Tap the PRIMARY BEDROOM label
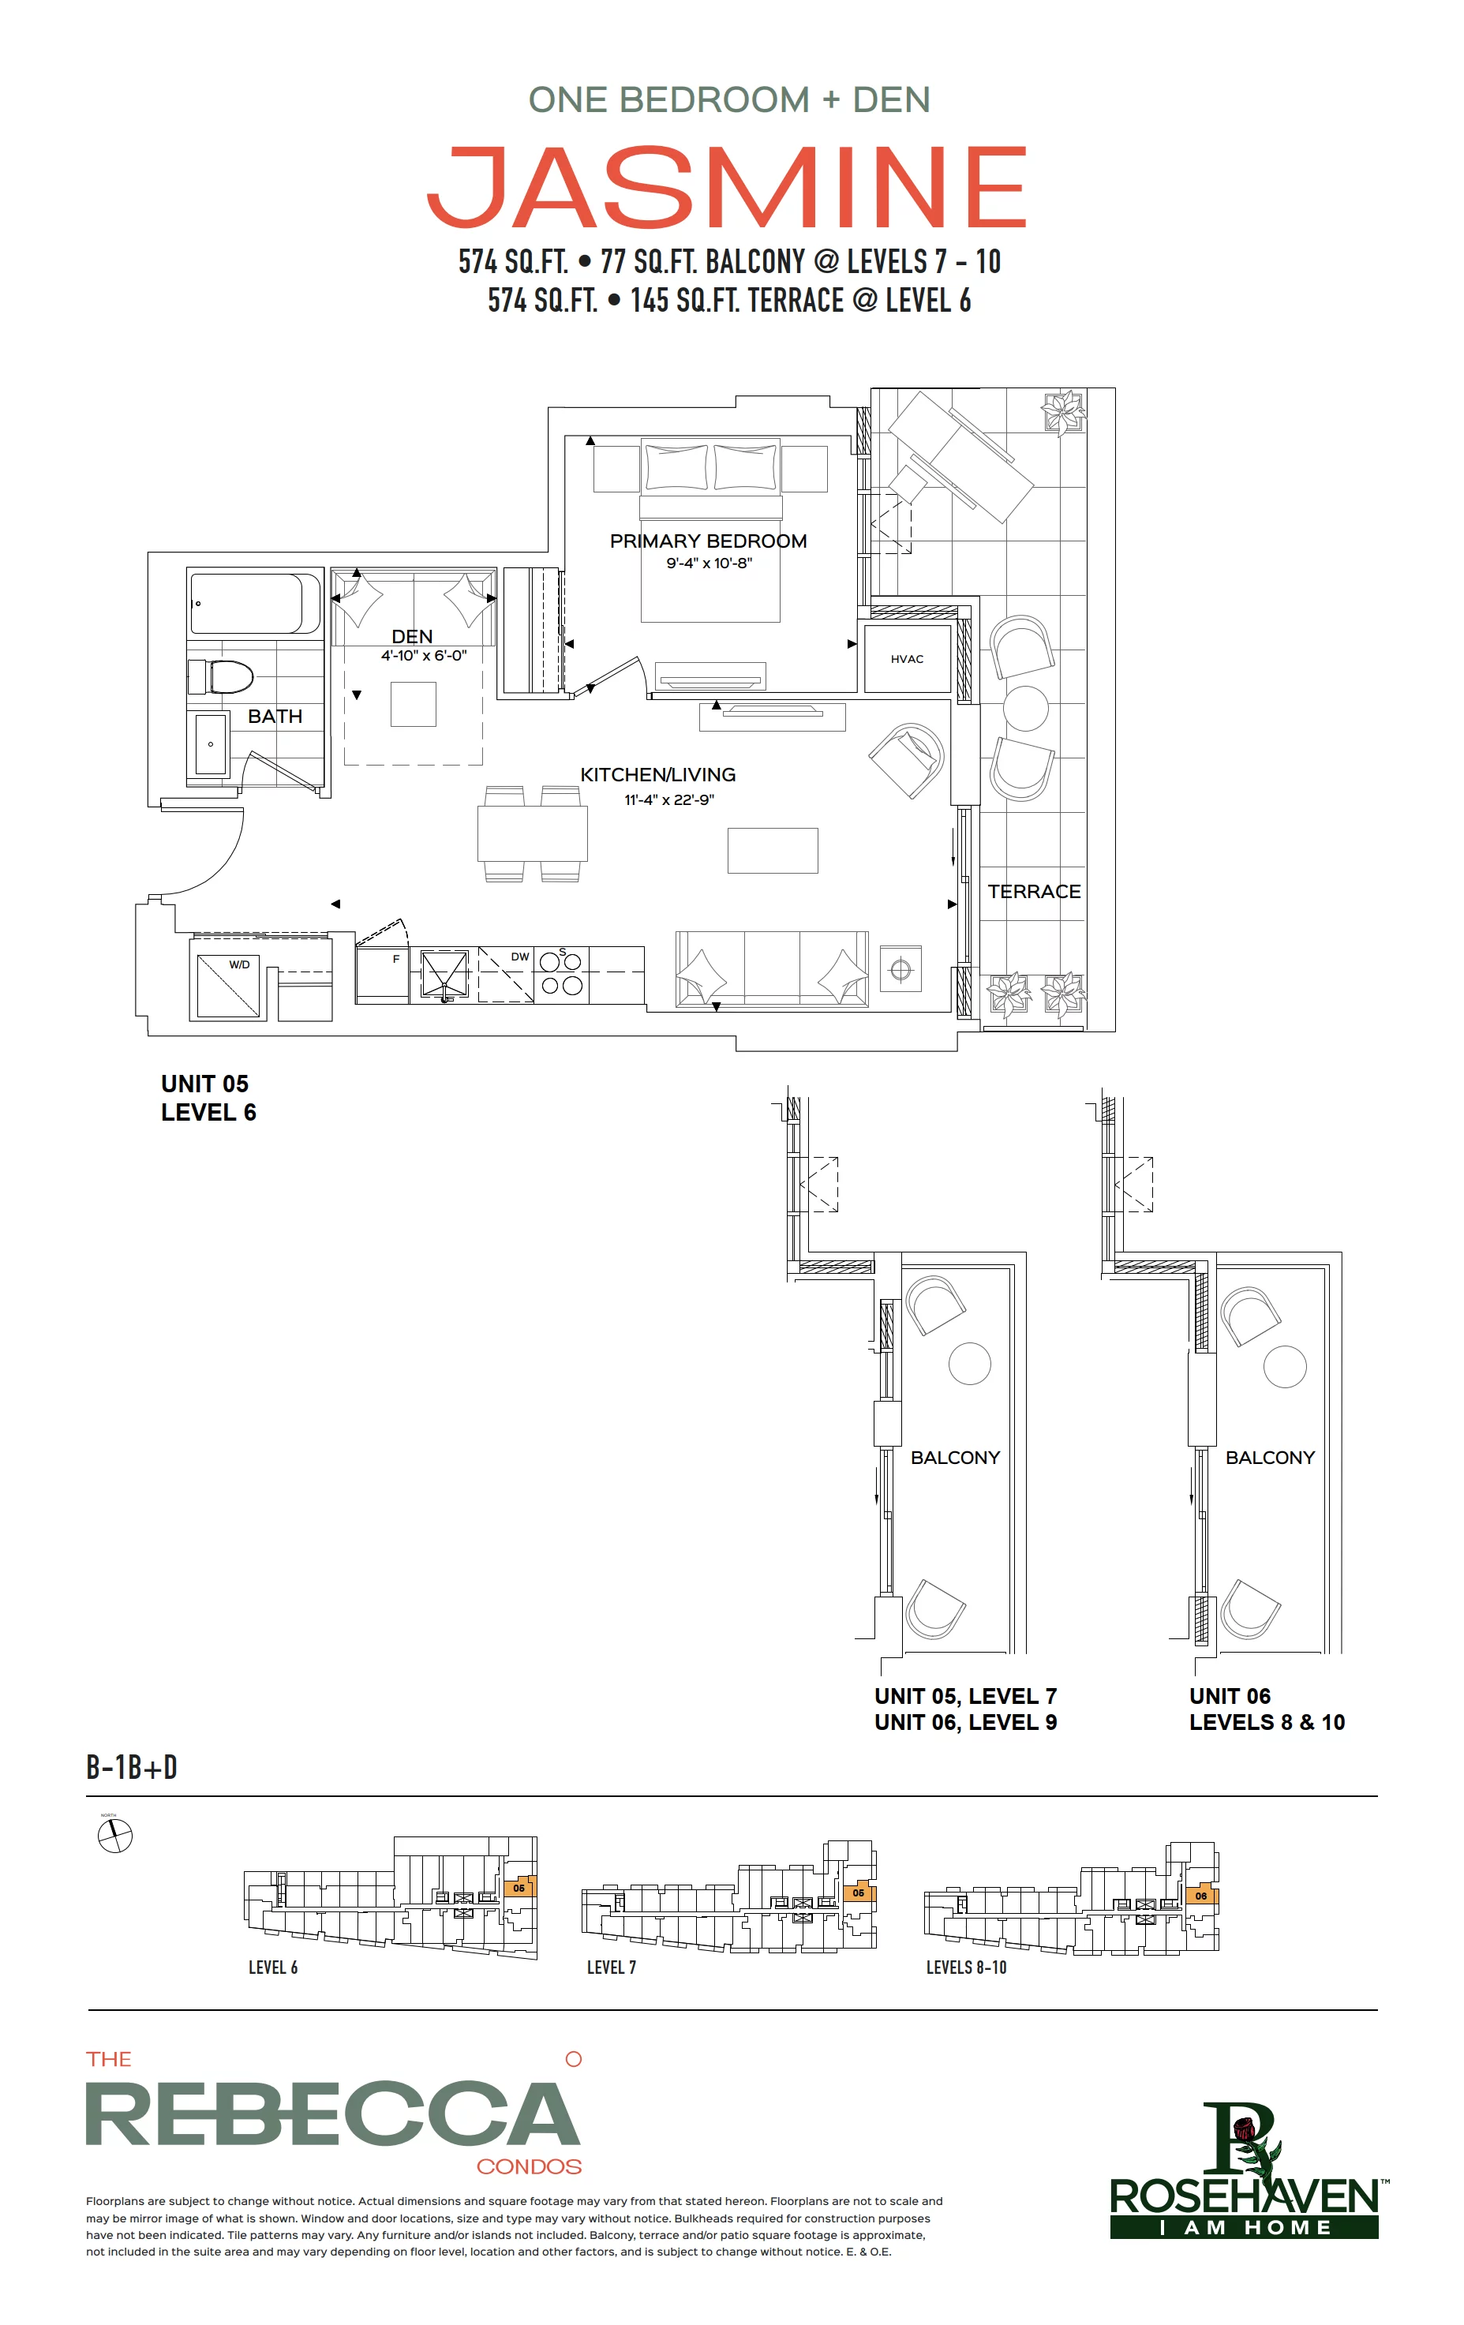coord(708,541)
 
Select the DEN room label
coord(412,636)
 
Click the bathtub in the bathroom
coord(255,604)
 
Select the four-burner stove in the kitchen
coord(561,973)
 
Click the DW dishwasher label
coord(519,957)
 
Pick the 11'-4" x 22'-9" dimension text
coord(669,799)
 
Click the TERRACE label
coord(1034,891)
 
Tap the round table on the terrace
coord(1025,708)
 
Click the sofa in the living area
coord(772,969)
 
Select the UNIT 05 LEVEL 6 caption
coord(208,1098)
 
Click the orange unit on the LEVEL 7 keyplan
coord(858,1893)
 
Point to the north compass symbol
coord(115,1836)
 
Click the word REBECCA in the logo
coord(333,2114)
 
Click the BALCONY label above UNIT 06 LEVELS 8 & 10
coord(1270,1457)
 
